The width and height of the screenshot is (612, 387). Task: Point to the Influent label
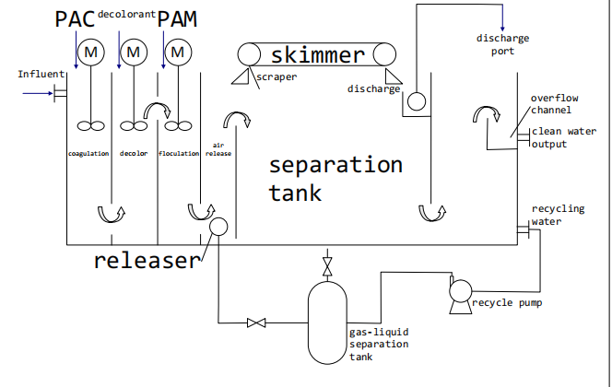coord(41,74)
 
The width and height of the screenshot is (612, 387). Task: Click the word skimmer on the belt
coord(318,55)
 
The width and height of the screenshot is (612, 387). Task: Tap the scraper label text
coord(277,77)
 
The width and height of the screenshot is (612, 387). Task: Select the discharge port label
coord(502,44)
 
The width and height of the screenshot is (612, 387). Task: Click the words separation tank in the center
coord(335,179)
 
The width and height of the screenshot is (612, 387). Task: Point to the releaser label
coord(146,261)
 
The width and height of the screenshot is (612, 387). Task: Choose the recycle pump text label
coord(506,301)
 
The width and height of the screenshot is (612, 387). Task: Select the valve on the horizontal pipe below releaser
coord(256,322)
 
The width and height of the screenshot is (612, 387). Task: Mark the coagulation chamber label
coord(88,153)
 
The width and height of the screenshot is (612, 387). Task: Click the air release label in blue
coord(219,149)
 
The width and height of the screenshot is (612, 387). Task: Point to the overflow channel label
coord(554,104)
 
